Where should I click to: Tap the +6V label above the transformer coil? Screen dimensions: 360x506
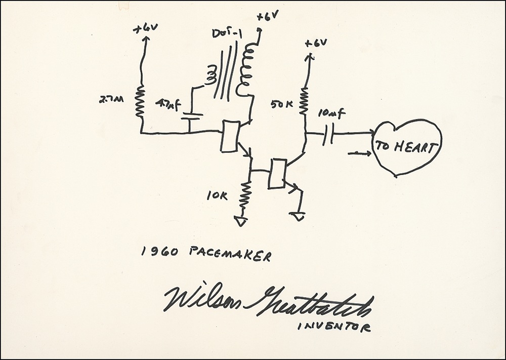pos(266,17)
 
